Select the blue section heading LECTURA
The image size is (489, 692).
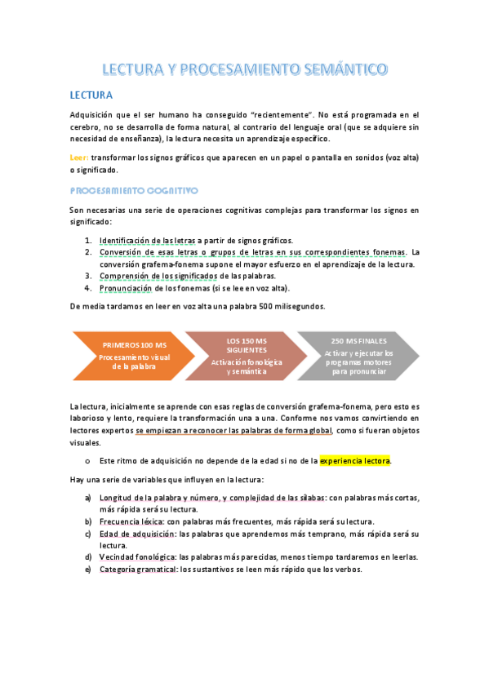[x=91, y=95]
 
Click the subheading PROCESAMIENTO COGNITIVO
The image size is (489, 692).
[x=134, y=190]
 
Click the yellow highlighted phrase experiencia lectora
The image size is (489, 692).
[x=355, y=461]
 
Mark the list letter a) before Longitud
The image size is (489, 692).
[x=88, y=497]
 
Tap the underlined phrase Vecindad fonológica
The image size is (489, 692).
[x=138, y=557]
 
